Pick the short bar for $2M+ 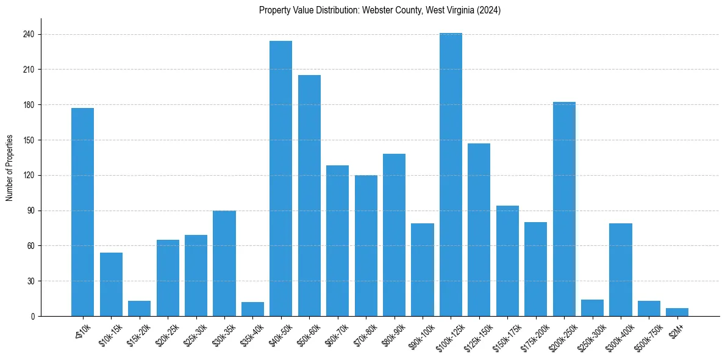[x=677, y=312]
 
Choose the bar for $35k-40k [x=252, y=309]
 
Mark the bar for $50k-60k [x=309, y=195]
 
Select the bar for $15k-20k [x=139, y=309]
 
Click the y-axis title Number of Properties [x=10, y=168]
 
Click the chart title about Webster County [x=379, y=10]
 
